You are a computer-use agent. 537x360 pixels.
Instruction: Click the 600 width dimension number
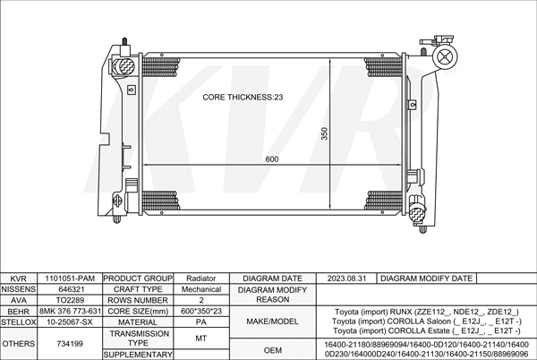[x=272, y=159]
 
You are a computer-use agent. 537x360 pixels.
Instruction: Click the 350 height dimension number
[x=324, y=133]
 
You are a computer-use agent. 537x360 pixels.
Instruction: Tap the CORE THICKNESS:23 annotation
[x=243, y=98]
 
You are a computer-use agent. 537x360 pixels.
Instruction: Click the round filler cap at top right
[x=445, y=56]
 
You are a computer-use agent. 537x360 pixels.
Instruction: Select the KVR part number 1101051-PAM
[x=70, y=279]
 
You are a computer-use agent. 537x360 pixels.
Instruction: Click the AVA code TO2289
[x=70, y=300]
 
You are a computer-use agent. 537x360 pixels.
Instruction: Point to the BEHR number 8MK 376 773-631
[x=70, y=311]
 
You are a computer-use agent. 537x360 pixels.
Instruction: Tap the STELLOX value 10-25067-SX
[x=70, y=322]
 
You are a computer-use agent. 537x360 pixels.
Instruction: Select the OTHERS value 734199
[x=70, y=344]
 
